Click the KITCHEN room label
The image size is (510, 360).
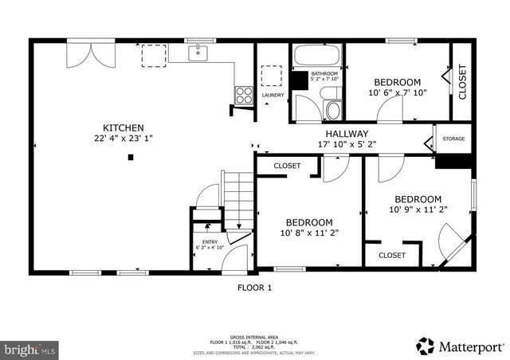click(123, 127)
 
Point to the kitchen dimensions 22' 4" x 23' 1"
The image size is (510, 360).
click(123, 139)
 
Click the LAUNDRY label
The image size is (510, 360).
click(273, 96)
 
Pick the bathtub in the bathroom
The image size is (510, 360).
click(317, 57)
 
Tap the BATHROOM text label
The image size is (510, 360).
click(324, 74)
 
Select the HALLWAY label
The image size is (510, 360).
click(346, 134)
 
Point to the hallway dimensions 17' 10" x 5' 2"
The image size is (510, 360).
click(346, 145)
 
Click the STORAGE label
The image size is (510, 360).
click(453, 139)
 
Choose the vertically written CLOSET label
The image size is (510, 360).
click(462, 81)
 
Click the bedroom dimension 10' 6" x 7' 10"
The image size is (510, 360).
click(398, 93)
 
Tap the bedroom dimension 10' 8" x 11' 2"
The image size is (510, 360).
click(309, 233)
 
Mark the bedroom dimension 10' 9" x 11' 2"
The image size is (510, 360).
click(418, 210)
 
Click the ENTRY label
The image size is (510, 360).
click(210, 241)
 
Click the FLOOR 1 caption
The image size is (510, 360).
click(255, 288)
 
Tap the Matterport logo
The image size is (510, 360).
click(460, 346)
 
